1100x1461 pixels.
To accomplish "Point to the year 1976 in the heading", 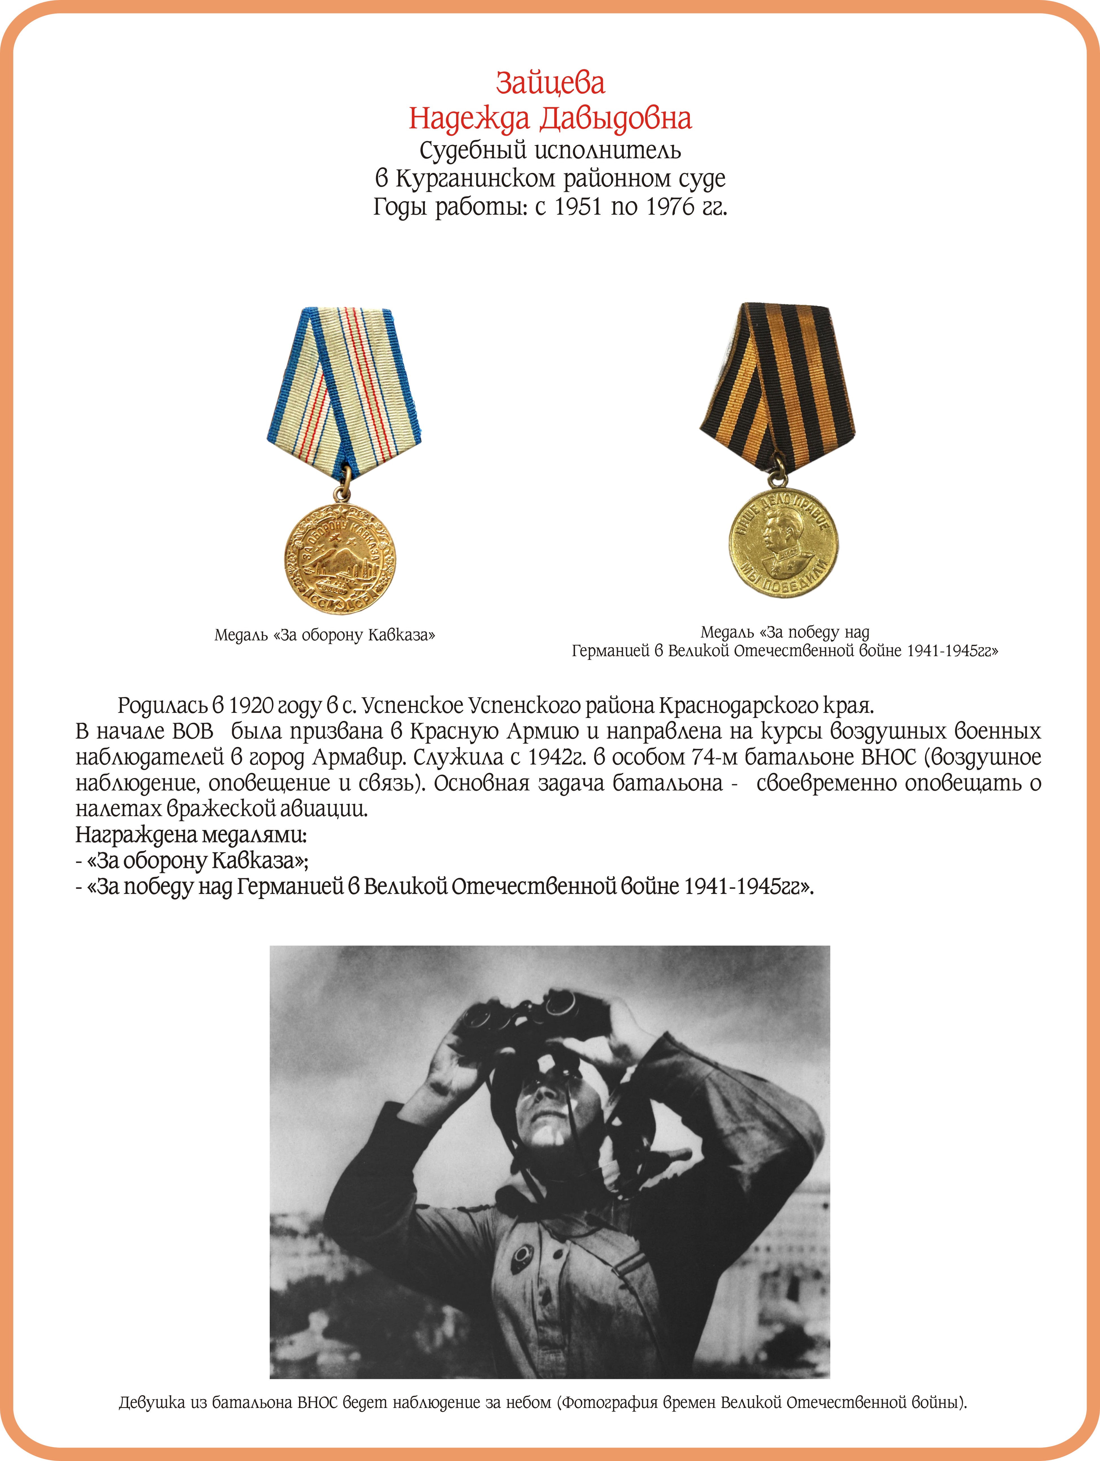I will pos(670,207).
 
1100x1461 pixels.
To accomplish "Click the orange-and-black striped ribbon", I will pos(778,383).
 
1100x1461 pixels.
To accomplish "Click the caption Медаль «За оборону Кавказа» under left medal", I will pos(324,635).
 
